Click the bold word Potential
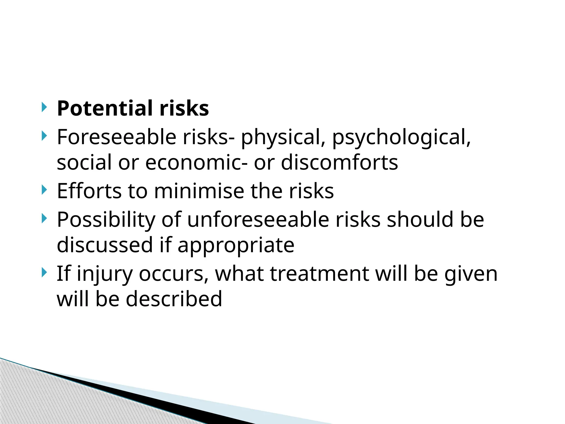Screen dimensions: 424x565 105,108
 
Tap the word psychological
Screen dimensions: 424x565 401,137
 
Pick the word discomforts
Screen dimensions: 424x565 339,162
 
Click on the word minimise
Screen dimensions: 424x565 199,191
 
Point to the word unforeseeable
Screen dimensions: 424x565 258,219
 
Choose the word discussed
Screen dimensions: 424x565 105,245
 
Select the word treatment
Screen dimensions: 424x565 319,274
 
